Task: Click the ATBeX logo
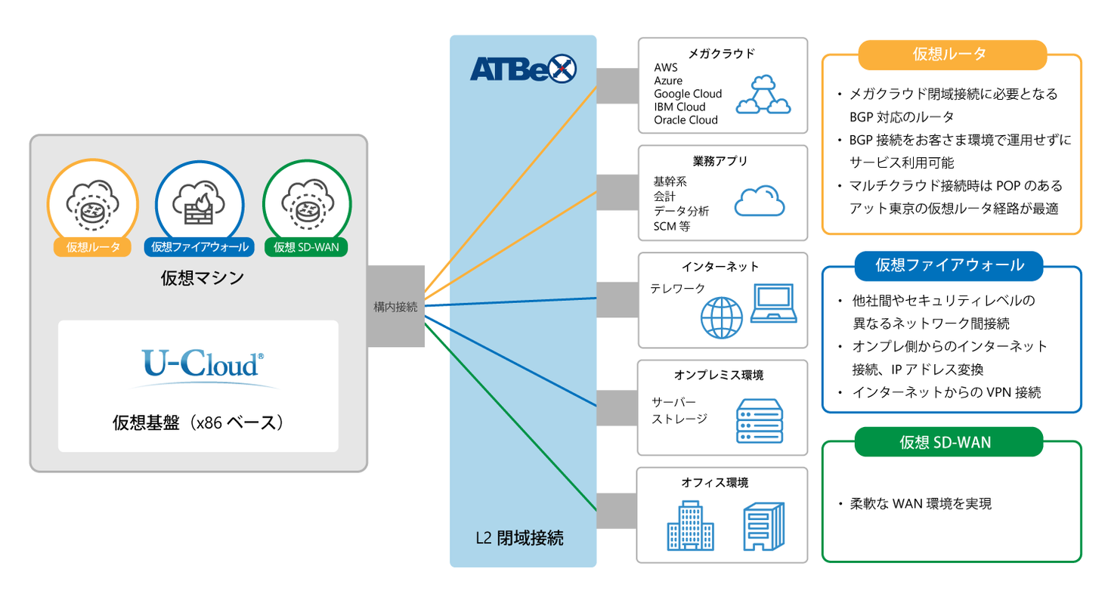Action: coord(523,69)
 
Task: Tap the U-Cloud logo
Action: coord(203,364)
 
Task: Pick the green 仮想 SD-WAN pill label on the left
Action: coord(306,247)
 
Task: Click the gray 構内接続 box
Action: coord(395,306)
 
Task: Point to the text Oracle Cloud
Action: coord(686,119)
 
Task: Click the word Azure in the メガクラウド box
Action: coord(668,81)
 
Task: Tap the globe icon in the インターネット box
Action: coord(722,317)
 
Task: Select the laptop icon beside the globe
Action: coord(772,304)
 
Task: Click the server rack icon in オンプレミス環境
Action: coord(760,421)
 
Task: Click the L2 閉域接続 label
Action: coord(519,538)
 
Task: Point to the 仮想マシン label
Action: coord(202,278)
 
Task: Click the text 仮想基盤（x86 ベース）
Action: coord(198,422)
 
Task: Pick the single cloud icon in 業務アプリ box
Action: coord(760,201)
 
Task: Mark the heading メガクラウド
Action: coord(722,54)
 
